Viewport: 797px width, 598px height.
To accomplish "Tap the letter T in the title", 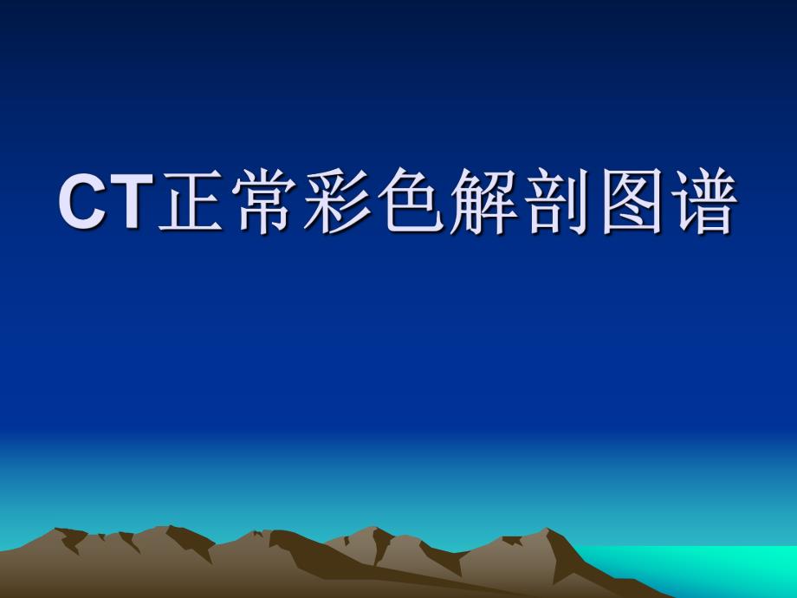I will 126,203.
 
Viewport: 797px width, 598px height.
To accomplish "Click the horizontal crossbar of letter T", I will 126,180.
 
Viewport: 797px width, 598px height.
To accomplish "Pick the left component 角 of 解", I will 469,205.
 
